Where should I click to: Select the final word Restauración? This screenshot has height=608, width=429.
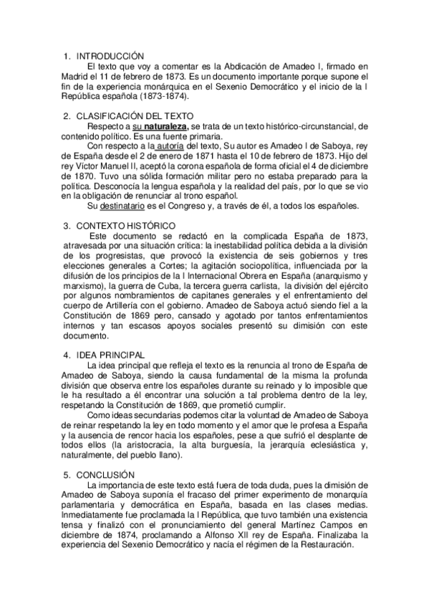(323, 545)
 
